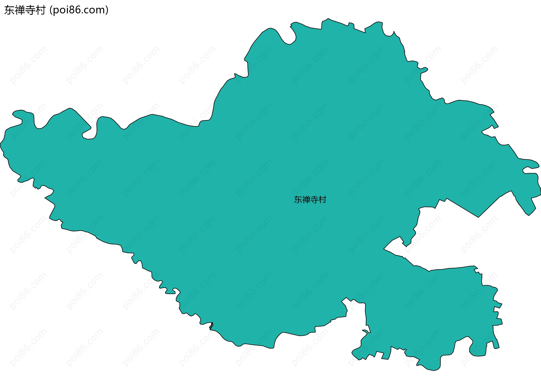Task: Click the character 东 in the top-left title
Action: (9, 10)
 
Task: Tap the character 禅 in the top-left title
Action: (20, 10)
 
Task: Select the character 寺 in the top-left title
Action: (30, 10)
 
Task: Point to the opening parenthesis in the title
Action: (51, 10)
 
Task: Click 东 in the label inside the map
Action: (298, 200)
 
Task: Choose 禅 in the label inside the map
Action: (306, 200)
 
